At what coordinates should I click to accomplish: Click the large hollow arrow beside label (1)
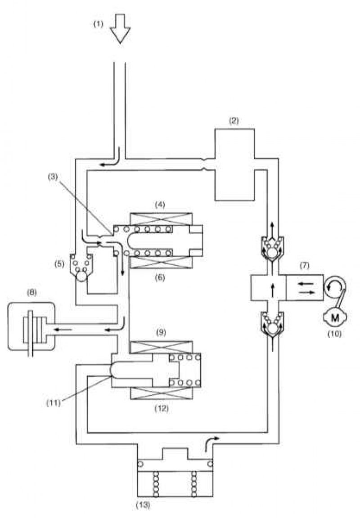[120, 28]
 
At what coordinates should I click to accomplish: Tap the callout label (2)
[234, 121]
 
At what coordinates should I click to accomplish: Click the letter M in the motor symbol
[335, 318]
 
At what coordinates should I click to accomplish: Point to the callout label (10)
[334, 334]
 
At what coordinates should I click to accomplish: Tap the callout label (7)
[305, 265]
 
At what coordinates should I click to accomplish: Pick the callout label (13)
[143, 505]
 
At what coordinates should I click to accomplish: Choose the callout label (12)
[162, 409]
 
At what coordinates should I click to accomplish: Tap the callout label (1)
[98, 24]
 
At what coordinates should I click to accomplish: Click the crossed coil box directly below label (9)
[162, 347]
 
